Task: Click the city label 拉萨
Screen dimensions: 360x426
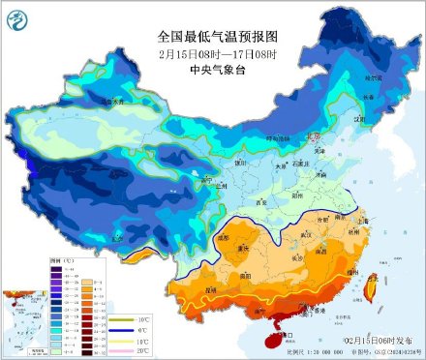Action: (116, 236)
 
